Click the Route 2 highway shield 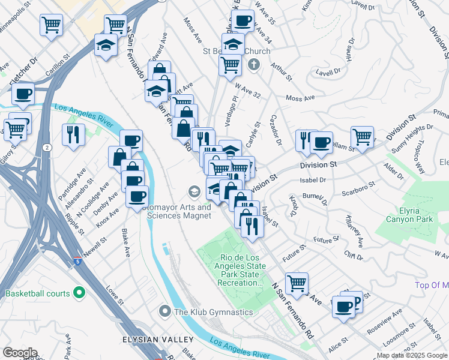(47, 147)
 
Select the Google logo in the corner (20, 353)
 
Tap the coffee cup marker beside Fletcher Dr (23, 94)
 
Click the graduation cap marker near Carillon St (106, 45)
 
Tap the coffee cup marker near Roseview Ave (345, 306)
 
